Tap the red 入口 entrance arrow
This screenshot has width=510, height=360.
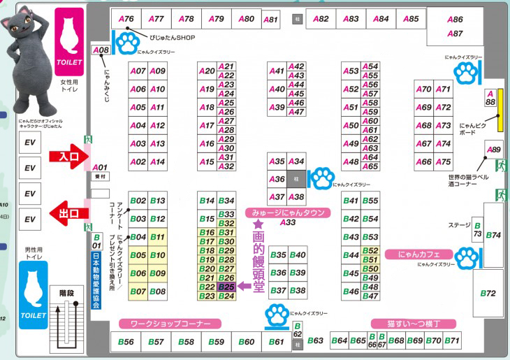coord(67,157)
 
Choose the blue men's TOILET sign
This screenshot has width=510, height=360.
coord(33,294)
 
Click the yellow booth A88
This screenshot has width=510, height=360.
coord(490,98)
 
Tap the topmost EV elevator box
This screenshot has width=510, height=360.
coord(29,143)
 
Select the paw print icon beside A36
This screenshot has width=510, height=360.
coord(321,178)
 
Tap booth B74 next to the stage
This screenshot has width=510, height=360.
coord(494,235)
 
